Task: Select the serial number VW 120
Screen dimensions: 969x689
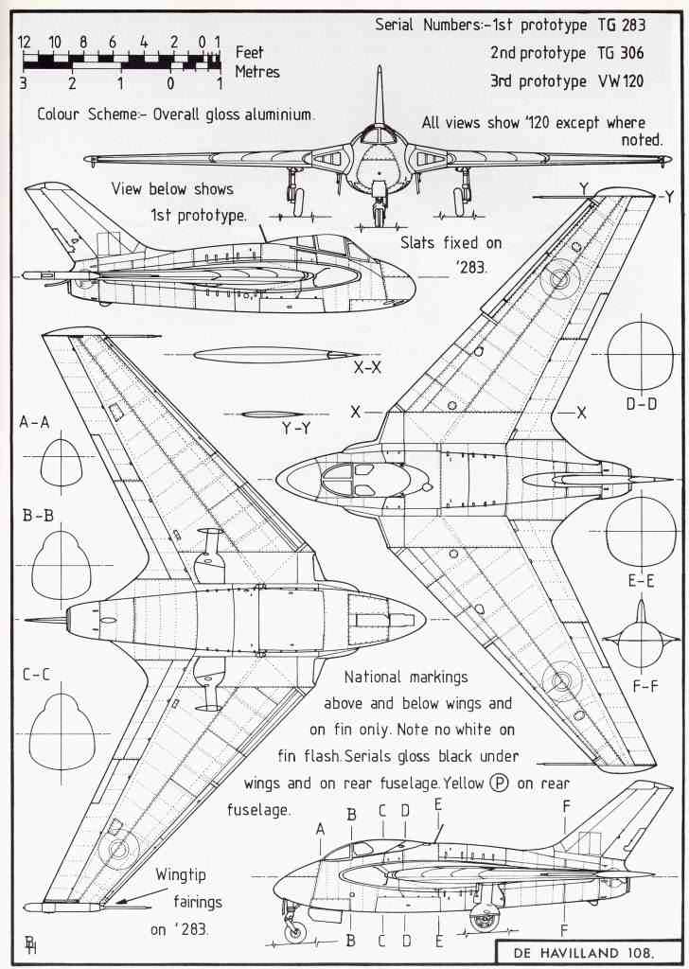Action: (x=619, y=81)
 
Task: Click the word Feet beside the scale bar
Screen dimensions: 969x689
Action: (x=250, y=53)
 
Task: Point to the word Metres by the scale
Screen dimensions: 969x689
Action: (x=257, y=72)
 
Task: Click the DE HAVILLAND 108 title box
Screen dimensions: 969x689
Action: (x=587, y=951)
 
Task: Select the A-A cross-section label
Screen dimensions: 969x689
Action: (x=35, y=423)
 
